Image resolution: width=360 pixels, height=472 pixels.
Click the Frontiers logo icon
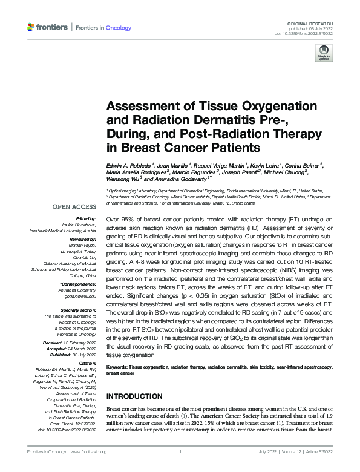[31, 28]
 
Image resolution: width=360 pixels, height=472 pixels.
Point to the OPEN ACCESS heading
[72, 207]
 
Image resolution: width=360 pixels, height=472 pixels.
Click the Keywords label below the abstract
[119, 367]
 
